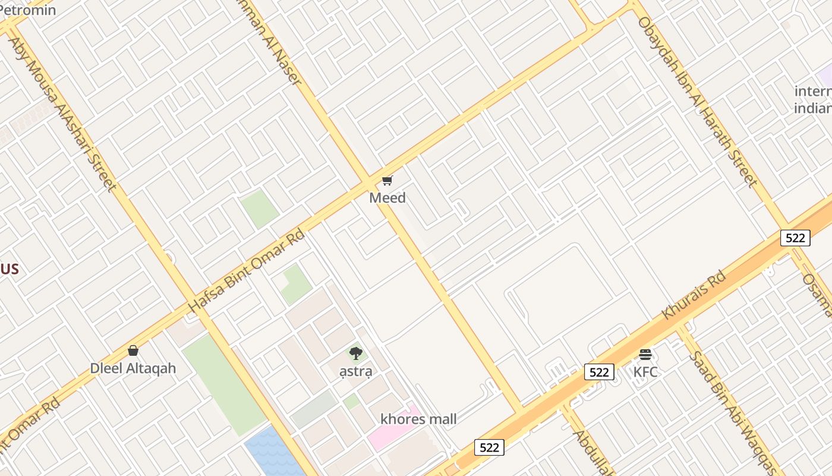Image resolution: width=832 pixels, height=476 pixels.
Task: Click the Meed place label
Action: [x=387, y=198]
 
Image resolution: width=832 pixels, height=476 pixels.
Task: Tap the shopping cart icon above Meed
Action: [x=387, y=180]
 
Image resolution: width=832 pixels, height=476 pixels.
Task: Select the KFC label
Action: [x=645, y=372]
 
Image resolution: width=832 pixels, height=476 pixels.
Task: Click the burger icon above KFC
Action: [x=645, y=355]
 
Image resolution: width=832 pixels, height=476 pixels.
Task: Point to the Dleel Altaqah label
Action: [x=133, y=368]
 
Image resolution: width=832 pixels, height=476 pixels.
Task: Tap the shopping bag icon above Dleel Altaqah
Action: [x=133, y=350]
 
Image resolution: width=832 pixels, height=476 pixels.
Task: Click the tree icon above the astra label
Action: [x=356, y=354]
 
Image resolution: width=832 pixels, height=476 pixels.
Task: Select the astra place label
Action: [x=356, y=372]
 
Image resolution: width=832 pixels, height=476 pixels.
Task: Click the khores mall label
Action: [x=419, y=419]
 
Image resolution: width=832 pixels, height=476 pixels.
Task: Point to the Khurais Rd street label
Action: [x=694, y=296]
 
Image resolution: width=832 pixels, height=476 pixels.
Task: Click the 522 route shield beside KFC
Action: [x=599, y=372]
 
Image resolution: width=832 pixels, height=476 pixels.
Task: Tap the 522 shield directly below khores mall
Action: [x=489, y=447]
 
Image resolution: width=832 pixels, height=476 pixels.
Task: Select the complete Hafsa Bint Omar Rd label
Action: [x=247, y=271]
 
